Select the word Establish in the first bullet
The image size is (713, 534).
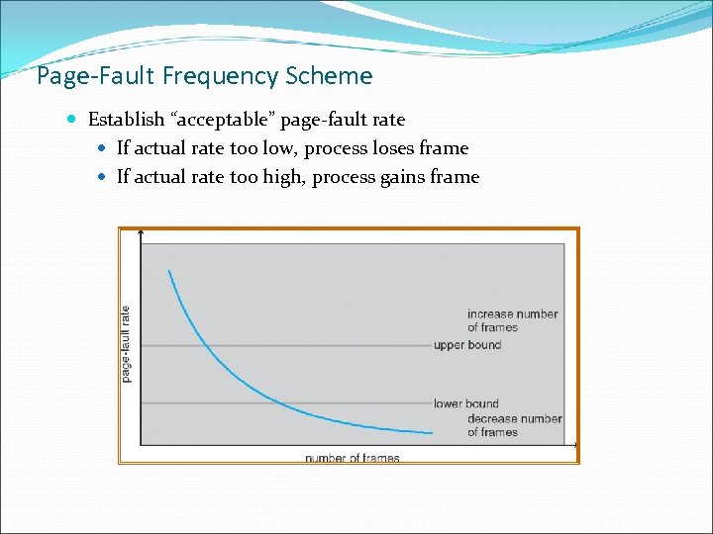[x=127, y=120]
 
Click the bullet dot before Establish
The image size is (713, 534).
[x=76, y=120]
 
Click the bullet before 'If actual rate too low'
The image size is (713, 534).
[x=104, y=148]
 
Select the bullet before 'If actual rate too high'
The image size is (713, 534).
[x=104, y=177]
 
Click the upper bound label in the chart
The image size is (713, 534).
[x=467, y=345]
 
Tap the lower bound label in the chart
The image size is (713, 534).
[x=466, y=403]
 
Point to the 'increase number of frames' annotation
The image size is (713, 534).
[x=512, y=320]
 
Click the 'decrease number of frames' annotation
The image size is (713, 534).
[x=514, y=425]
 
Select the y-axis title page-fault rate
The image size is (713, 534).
[x=126, y=343]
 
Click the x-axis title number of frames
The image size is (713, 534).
[x=352, y=458]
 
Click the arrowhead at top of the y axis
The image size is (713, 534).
[x=142, y=233]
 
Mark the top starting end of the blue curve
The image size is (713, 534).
[x=170, y=270]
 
